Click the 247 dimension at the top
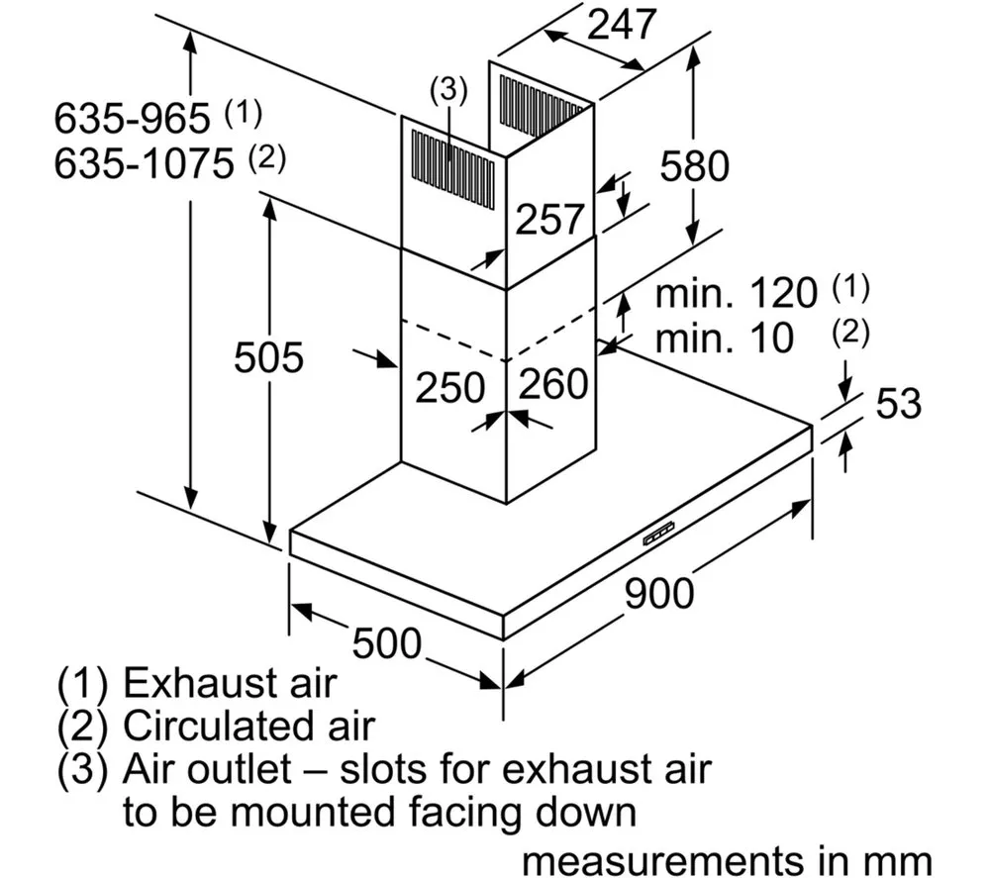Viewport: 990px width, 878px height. (x=622, y=25)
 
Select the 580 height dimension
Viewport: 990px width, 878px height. (x=695, y=166)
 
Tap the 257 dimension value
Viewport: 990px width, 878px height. (x=549, y=219)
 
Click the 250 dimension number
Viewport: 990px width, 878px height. (x=450, y=387)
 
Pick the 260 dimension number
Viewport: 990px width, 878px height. (x=553, y=383)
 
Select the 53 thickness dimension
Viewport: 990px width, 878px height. (x=899, y=403)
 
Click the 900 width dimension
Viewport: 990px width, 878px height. (x=659, y=593)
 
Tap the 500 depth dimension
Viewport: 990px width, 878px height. (x=386, y=643)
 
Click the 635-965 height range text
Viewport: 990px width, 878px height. (x=132, y=118)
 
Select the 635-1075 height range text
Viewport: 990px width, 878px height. (x=144, y=163)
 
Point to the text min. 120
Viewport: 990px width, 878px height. (x=737, y=293)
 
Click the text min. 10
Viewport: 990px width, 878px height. (x=725, y=338)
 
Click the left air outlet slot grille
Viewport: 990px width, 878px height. (x=452, y=169)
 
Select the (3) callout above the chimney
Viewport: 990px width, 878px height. (x=448, y=90)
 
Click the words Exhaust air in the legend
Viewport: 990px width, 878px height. (x=230, y=683)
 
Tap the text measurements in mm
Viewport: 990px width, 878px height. (x=727, y=860)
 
